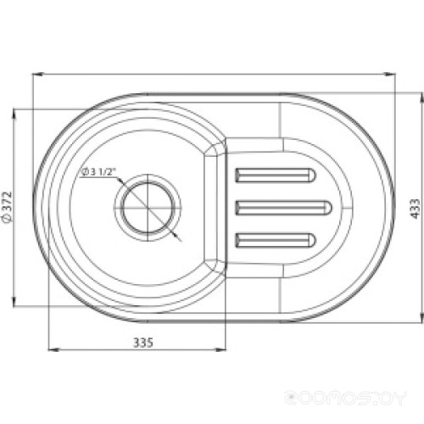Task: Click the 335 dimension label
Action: pos(143,343)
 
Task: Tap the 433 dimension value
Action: pos(415,209)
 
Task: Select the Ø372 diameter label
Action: pos(7,208)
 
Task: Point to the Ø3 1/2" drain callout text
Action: pos(99,172)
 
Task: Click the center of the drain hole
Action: pos(148,208)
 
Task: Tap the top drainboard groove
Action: pos(276,176)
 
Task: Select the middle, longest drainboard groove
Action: pos(283,208)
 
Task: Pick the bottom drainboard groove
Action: pos(276,240)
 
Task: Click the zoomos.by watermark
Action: pos(345,398)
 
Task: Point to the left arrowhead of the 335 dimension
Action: pos(53,350)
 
